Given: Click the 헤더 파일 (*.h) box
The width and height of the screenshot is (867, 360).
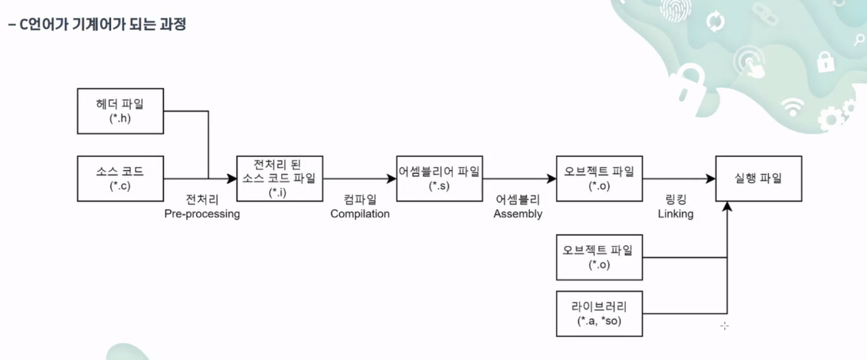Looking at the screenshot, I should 120,110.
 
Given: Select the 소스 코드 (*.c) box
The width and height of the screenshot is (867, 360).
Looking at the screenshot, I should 120,178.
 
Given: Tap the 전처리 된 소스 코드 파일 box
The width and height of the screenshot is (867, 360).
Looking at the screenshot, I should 280,178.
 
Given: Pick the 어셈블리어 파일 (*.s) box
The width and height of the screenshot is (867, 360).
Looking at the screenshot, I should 439,178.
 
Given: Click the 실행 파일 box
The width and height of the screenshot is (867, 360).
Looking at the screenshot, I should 758,178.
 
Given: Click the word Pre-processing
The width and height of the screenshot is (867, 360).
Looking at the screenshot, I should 202,214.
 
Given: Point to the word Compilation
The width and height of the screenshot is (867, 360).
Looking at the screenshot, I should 360,214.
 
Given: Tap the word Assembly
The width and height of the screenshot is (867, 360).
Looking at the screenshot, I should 518,214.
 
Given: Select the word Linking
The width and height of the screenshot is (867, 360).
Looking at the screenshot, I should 676,214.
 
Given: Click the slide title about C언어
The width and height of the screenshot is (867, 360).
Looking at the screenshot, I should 96,25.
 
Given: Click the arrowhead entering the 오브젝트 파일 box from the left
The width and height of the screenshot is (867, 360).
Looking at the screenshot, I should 551,178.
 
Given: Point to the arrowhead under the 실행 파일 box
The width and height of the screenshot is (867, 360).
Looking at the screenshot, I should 727,207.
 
